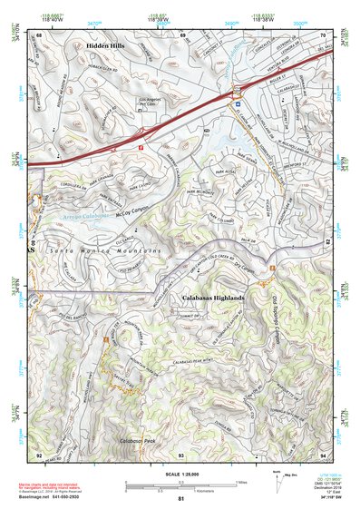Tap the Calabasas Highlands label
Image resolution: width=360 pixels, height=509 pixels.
coord(209,298)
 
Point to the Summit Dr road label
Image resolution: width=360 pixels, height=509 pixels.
coord(217,314)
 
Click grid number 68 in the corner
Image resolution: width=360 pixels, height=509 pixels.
coord(39,34)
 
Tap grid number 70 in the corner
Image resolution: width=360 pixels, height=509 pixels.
coord(322,34)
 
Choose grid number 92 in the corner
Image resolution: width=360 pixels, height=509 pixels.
coord(39,453)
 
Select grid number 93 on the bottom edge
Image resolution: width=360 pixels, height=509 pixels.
coord(180,453)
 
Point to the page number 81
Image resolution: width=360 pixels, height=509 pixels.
coord(180,500)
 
